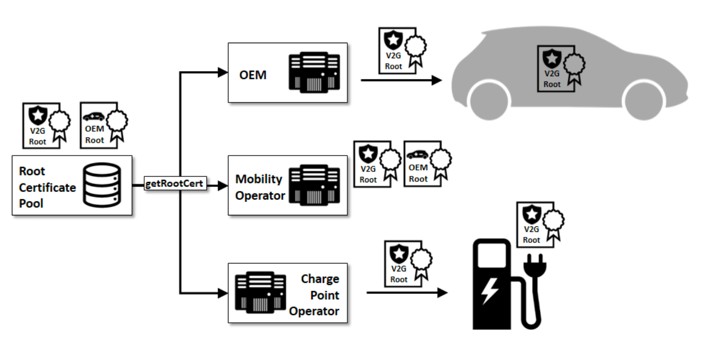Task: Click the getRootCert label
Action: pyautogui.click(x=174, y=184)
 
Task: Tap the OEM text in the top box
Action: pyautogui.click(x=253, y=75)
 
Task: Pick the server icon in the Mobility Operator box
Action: pyautogui.click(x=314, y=185)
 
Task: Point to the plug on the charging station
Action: pyautogui.click(x=533, y=266)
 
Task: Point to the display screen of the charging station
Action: pyautogui.click(x=492, y=255)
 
